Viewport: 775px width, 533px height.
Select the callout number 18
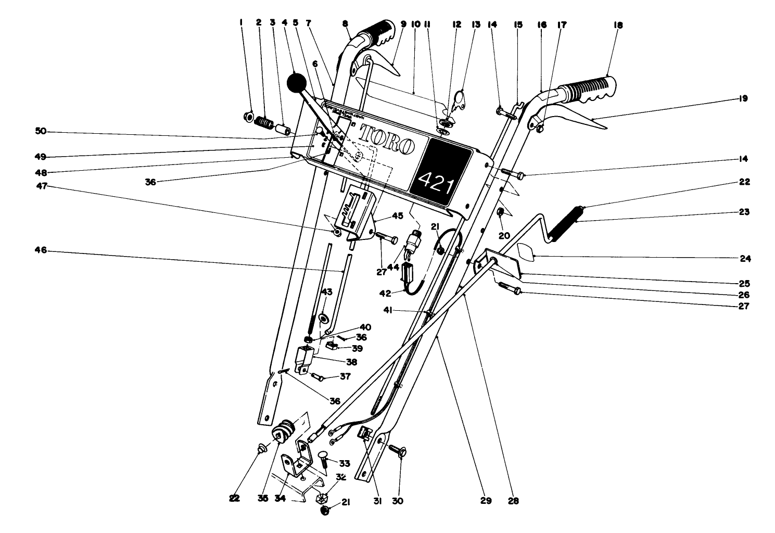tap(618, 25)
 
